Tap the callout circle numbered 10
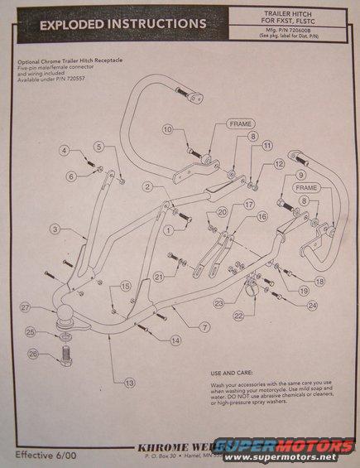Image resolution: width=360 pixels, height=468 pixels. click(x=167, y=129)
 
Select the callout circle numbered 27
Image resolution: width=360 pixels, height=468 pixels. click(x=26, y=307)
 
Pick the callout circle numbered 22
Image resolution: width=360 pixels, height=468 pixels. click(x=239, y=315)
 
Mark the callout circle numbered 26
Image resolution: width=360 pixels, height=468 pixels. click(x=34, y=354)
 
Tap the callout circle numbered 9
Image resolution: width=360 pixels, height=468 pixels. click(x=301, y=175)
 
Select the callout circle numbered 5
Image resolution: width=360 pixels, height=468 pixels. click(x=98, y=147)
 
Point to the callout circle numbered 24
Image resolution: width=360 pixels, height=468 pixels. click(x=312, y=305)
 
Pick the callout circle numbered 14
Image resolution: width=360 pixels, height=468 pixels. click(x=175, y=340)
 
